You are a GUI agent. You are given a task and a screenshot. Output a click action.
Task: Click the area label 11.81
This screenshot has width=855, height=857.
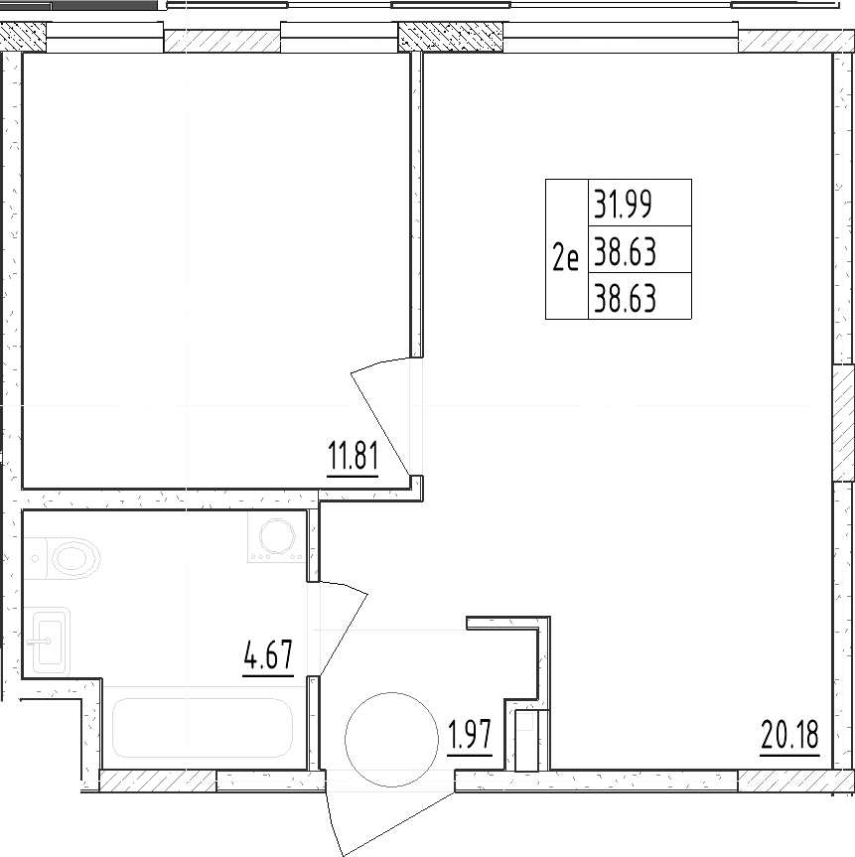353,457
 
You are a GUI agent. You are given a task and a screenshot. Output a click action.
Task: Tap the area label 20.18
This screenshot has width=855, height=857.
789,735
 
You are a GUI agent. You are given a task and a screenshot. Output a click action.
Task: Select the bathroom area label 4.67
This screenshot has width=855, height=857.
268,655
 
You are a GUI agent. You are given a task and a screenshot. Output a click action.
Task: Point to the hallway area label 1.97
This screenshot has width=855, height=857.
470,736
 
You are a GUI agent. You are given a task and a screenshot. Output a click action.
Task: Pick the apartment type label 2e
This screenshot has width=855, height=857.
565,258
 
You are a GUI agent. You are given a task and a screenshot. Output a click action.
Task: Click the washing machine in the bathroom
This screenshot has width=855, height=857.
277,536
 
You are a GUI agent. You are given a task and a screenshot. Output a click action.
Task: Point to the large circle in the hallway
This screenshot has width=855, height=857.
391,740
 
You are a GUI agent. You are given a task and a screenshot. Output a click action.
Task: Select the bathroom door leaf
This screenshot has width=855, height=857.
345,634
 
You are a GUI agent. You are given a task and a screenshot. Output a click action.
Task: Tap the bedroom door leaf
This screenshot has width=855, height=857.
380,422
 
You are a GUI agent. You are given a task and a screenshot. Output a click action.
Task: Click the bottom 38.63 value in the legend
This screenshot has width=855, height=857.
625,299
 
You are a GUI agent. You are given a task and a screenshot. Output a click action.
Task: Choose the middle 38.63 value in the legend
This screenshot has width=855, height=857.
625,252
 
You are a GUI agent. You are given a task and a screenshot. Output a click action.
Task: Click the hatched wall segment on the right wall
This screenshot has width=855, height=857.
843,424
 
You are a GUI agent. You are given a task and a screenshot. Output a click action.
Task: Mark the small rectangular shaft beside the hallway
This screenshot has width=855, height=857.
526,740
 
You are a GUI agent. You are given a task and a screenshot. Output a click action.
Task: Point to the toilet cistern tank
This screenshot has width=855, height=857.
36,558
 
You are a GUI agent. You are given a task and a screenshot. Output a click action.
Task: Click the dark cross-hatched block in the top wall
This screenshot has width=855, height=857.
451,37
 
